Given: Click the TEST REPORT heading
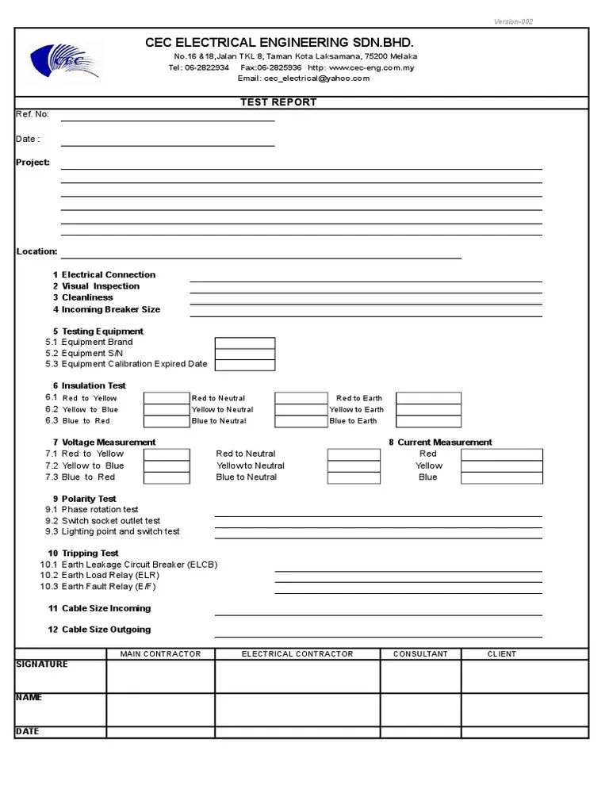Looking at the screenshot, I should (278, 102).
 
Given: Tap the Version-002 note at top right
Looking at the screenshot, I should (513, 21).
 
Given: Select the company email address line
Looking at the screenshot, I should (304, 79).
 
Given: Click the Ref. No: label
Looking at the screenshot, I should (33, 115).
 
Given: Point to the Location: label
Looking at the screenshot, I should (36, 252).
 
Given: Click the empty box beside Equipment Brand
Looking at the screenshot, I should (245, 343).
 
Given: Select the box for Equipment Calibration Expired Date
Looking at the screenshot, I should (245, 366).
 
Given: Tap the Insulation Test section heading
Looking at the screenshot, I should (94, 386).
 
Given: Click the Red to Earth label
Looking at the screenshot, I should (358, 398).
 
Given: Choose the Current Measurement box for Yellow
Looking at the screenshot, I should (502, 466).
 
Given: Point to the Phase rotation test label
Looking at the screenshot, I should (100, 510).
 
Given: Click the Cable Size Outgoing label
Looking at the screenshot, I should (105, 630).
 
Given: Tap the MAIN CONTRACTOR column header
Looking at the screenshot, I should (160, 654).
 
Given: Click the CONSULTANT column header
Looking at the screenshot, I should (420, 654).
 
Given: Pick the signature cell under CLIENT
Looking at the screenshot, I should (524, 676).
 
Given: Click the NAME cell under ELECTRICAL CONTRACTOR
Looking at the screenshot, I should (297, 710).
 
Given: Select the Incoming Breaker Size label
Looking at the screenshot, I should (111, 309).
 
